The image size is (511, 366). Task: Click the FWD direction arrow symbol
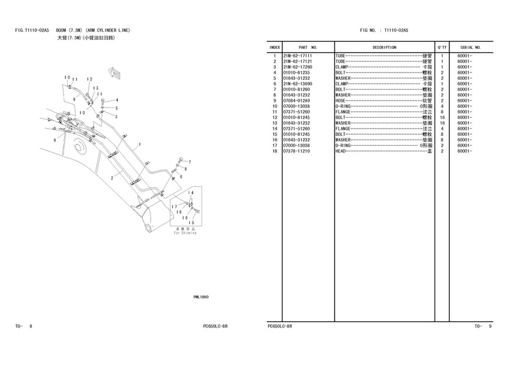point(113,74)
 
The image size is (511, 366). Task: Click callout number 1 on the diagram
point(140,145)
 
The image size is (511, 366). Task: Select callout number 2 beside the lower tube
point(112,178)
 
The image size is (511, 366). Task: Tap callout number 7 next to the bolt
point(189,162)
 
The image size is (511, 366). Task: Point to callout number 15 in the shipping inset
point(192,222)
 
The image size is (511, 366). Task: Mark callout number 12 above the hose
point(89,79)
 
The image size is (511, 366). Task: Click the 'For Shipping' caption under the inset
point(184,232)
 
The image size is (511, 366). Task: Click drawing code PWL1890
point(201,297)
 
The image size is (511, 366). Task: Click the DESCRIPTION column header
point(384,47)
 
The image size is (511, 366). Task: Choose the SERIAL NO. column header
point(470,47)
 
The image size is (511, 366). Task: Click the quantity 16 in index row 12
point(441,117)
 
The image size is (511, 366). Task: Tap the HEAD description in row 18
point(341,151)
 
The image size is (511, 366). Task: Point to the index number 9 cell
point(275,101)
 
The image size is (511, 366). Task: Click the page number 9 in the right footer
point(489,326)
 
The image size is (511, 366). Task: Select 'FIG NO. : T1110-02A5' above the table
point(384,30)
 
